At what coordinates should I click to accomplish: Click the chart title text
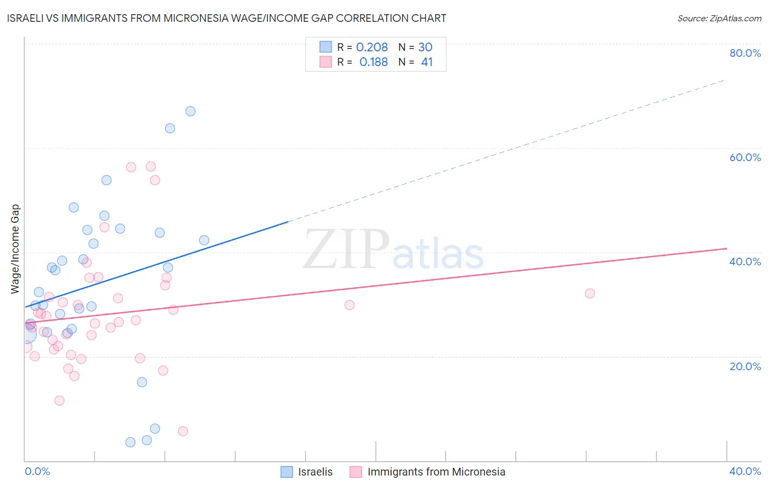pos(226,19)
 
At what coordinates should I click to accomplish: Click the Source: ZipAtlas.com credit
pos(719,19)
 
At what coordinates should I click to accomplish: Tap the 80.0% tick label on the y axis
pos(745,53)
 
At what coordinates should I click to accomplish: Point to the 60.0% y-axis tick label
pos(745,157)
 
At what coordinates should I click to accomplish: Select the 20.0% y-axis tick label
pos(745,366)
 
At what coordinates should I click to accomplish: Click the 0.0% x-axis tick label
pos(37,471)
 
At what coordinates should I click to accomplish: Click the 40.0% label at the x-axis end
pos(745,471)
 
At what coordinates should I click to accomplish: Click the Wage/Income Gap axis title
pos(15,249)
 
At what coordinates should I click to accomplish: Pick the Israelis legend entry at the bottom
pos(315,472)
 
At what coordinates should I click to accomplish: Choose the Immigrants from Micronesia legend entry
pos(436,472)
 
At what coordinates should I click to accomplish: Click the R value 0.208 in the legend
pos(372,47)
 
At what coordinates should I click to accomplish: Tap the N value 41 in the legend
pos(427,62)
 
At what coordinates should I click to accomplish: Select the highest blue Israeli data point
pos(190,111)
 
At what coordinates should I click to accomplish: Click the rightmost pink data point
pos(589,294)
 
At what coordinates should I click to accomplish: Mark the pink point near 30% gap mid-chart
pos(350,305)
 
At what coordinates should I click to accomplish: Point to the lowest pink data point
pos(183,431)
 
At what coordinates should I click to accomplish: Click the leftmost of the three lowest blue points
pos(130,442)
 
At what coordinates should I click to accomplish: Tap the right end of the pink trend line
pos(726,248)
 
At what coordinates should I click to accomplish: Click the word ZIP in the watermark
pos(346,250)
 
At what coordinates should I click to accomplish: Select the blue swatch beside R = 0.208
pos(326,47)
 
